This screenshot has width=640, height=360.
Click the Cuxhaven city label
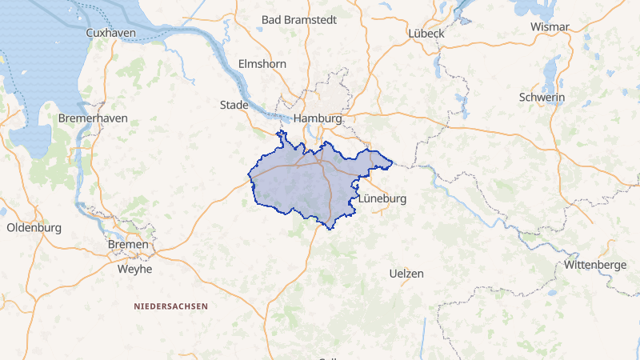pos(110,33)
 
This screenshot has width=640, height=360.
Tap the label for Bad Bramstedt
pos(298,19)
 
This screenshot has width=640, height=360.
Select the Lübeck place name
pos(426,33)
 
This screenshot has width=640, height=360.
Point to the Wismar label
pos(550,27)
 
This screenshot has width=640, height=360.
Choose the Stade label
pos(234,105)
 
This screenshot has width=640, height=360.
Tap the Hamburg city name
pos(318,118)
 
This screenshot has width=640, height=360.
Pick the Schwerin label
pos(542,98)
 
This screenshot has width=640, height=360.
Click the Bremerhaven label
pos(93,118)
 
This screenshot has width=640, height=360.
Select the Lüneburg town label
pos(383,198)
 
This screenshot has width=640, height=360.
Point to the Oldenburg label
pos(34,228)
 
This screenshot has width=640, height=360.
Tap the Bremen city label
pos(128,244)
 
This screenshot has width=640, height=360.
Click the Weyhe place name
pos(134,270)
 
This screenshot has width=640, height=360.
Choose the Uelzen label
pos(406,274)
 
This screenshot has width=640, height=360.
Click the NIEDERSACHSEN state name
pos(170,306)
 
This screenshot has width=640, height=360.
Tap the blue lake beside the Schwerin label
pos(550,76)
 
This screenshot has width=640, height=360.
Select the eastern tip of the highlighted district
pos(391,166)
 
